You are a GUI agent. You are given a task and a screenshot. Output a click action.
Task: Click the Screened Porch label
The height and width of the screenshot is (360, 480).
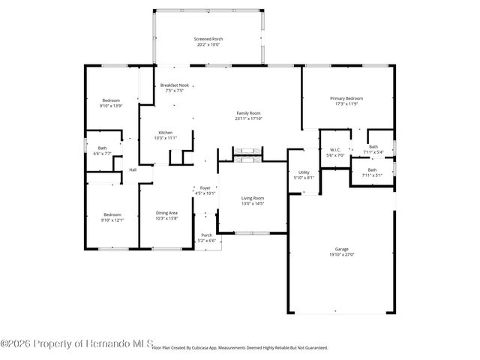(x=208, y=39)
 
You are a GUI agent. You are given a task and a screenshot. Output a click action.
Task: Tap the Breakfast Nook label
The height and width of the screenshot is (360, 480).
(x=173, y=85)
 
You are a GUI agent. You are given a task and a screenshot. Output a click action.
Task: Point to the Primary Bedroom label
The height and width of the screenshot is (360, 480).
(x=346, y=98)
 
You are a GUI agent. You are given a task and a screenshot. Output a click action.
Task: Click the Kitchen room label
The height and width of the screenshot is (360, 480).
(x=165, y=133)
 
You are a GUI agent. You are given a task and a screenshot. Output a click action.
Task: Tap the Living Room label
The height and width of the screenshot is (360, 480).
(x=253, y=198)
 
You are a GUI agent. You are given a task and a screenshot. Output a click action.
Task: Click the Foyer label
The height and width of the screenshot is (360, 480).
(x=205, y=188)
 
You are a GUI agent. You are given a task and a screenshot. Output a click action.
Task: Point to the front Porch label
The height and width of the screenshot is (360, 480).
(x=206, y=235)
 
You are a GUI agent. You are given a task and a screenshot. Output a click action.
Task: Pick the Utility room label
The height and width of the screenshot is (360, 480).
(x=304, y=172)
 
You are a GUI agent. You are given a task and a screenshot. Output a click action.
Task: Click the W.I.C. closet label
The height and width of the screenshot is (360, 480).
(x=335, y=149)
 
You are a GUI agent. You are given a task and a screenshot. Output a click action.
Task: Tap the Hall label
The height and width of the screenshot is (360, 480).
(x=133, y=169)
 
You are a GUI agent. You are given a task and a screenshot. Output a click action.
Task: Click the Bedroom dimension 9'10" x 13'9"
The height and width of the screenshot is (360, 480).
(x=111, y=106)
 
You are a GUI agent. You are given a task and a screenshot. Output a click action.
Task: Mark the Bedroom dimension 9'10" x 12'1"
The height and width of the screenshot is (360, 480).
(x=112, y=220)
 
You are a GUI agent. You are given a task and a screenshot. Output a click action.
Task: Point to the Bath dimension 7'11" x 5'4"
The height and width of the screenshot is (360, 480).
(x=373, y=152)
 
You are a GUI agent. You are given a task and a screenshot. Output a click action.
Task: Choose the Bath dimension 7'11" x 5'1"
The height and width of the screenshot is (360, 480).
(x=372, y=175)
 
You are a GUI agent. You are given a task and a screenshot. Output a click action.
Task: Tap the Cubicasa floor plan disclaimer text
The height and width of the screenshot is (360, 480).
(x=240, y=348)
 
